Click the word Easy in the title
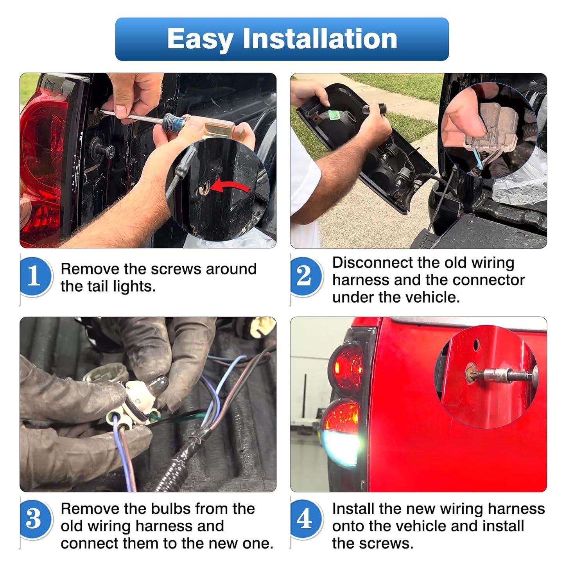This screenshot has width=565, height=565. pyautogui.click(x=200, y=39)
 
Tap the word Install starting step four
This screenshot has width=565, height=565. pyautogui.click(x=353, y=509)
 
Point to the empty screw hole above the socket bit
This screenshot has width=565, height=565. pyautogui.click(x=476, y=345)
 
